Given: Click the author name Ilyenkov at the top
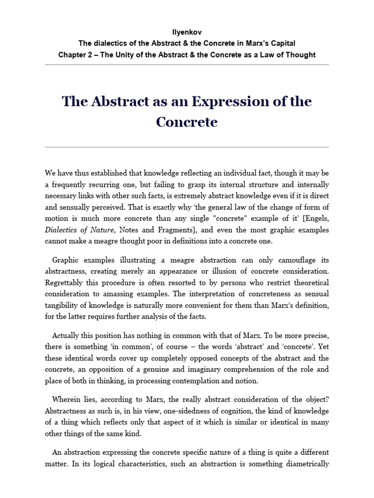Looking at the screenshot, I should coord(187,32).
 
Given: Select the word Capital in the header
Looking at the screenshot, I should coord(282,43).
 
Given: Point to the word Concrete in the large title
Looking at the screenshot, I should coord(187,122).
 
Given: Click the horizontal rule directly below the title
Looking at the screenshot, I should coord(187,147).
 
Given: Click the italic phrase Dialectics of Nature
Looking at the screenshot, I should coord(77,230).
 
